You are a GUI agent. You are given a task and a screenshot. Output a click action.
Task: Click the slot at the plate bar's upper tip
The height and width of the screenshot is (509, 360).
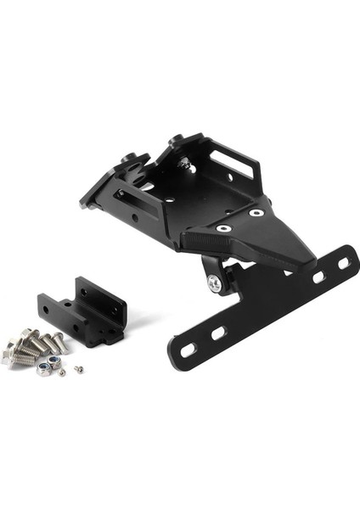(x=343, y=264)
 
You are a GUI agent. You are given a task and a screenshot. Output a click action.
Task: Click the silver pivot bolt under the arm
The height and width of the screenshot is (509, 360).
(x=216, y=285)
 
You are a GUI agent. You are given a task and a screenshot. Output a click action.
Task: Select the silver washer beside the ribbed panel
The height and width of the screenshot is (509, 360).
(x=222, y=228)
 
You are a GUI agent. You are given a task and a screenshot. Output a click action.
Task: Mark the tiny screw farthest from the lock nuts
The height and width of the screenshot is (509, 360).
(x=79, y=369)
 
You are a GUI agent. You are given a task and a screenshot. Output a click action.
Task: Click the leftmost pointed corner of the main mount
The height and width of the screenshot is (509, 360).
(x=83, y=204)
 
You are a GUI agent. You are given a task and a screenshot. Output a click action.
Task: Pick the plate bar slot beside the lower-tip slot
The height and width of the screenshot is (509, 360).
(x=217, y=333)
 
